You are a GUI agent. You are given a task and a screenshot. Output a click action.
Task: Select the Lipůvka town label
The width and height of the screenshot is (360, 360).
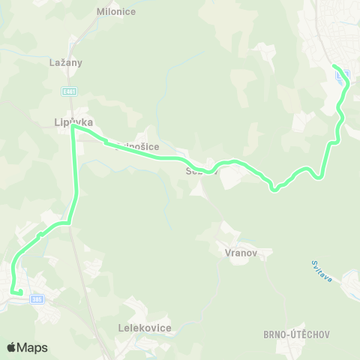[x=73, y=120]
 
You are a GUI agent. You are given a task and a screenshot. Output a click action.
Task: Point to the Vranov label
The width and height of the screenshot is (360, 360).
[x=241, y=253]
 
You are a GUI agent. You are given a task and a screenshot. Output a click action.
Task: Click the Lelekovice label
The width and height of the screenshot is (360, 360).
[x=145, y=328]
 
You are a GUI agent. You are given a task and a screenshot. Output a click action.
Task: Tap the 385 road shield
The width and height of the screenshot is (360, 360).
[x=37, y=299]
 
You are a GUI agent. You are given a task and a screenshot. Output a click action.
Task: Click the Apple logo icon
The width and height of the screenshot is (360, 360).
[x=12, y=347]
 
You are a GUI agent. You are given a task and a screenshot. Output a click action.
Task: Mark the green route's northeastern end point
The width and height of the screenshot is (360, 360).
[x=334, y=67]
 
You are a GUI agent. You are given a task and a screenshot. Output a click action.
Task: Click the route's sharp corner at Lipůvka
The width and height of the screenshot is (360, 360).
[x=73, y=127]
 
